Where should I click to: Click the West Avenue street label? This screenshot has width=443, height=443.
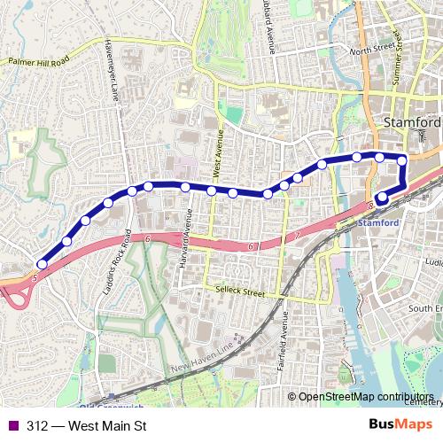214,151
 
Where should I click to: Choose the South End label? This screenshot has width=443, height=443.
427,308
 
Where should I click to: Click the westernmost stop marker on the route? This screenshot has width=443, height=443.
42,264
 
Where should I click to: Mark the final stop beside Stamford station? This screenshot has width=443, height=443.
382,198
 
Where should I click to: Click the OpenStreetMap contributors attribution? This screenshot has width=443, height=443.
363,398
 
